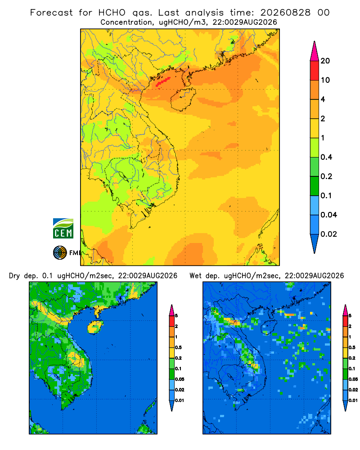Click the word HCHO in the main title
[112, 13]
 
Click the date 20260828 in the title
[285, 13]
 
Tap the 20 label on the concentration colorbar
[325, 61]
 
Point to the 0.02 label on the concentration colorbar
[328, 234]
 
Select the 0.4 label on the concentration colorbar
[326, 157]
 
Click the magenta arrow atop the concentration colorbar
[315, 51]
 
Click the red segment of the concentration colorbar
[315, 71]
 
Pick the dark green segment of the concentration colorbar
[315, 186]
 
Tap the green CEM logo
[63, 229]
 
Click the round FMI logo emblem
[60, 253]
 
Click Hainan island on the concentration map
[183, 99]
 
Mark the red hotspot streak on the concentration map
[163, 81]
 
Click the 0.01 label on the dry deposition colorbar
[180, 400]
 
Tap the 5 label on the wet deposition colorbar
[350, 316]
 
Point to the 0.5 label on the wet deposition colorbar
[352, 347]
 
